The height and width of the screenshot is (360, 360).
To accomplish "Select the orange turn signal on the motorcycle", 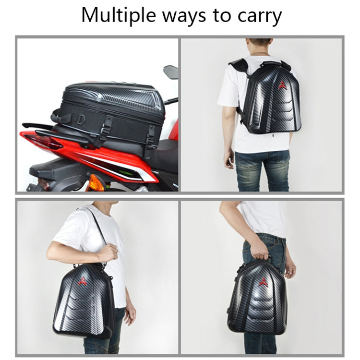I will pyautogui.click(x=96, y=182).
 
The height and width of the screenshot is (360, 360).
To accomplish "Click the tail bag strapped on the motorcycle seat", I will pyautogui.click(x=113, y=106).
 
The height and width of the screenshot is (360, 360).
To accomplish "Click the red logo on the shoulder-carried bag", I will pyautogui.click(x=83, y=281).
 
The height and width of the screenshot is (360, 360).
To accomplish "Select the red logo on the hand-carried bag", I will pyautogui.click(x=263, y=282).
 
